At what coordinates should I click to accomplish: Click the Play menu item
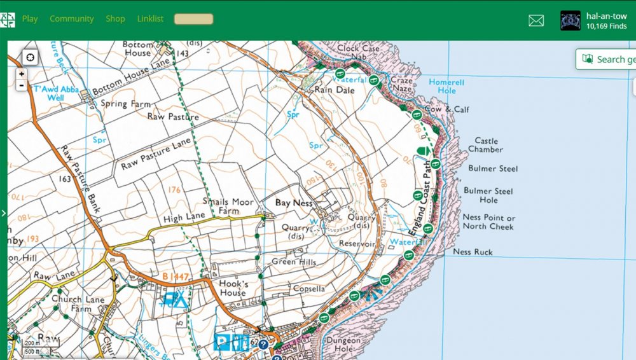[x=30, y=19]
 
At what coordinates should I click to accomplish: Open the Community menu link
[x=71, y=19]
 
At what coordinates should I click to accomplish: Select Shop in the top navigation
[x=115, y=19]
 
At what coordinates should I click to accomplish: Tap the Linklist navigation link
[x=150, y=19]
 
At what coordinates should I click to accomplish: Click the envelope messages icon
[x=536, y=21]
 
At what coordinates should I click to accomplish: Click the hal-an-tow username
[x=606, y=17]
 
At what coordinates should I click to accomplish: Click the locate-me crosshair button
[x=30, y=58]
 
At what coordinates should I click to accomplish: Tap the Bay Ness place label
[x=293, y=203]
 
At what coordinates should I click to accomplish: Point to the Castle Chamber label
[x=485, y=145]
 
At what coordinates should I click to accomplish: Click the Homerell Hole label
[x=446, y=87]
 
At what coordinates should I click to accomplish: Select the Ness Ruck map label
[x=473, y=252]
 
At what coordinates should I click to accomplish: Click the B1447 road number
[x=175, y=277]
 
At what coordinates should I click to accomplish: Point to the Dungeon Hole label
[x=343, y=344]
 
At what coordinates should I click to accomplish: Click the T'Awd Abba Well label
[x=56, y=93]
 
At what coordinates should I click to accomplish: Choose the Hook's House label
[x=232, y=288]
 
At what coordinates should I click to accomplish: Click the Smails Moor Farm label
[x=228, y=206]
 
